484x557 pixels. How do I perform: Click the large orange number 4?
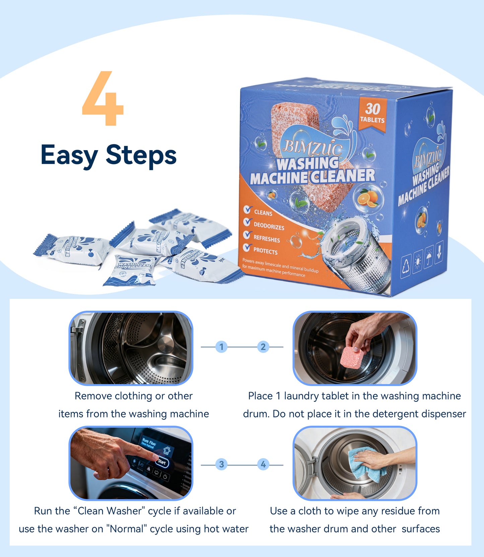pyautogui.click(x=103, y=99)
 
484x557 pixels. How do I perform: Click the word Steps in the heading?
pyautogui.click(x=141, y=156)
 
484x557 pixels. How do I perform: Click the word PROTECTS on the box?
pyautogui.click(x=265, y=251)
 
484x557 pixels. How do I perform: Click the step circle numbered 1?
pyautogui.click(x=221, y=347)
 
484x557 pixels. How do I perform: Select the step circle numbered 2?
pyautogui.click(x=263, y=347)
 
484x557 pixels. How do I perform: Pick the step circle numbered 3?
pyautogui.click(x=221, y=464)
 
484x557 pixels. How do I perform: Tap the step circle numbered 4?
pyautogui.click(x=263, y=464)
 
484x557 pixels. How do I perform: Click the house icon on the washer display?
pyautogui.click(x=166, y=450)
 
